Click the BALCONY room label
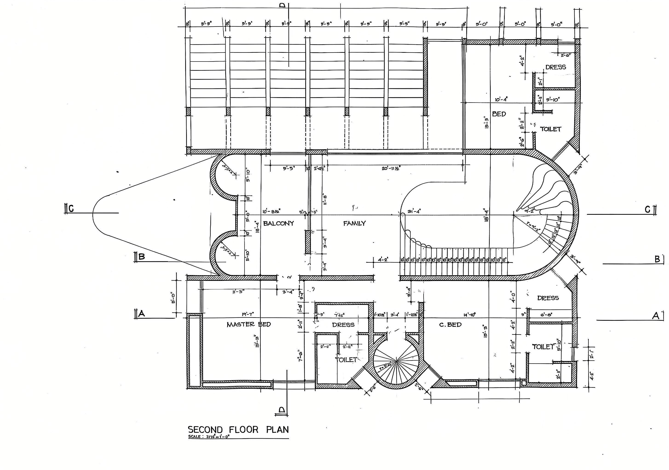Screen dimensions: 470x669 point(279,223)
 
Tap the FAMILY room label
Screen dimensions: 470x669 point(354,223)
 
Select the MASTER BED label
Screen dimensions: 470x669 point(249,324)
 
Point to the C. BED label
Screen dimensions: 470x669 point(450,324)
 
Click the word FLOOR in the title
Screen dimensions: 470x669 point(244,430)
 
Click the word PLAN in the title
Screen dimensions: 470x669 point(277,430)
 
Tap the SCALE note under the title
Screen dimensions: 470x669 point(209,437)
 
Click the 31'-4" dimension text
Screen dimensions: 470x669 point(414,211)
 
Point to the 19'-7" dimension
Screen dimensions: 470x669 point(248,314)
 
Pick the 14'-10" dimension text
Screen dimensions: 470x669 point(469,315)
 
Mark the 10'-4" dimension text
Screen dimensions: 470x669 point(501,100)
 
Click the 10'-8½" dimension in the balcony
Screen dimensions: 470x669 point(271,211)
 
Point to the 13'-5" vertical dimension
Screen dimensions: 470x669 point(487,121)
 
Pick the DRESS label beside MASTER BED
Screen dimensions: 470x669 point(343,325)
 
